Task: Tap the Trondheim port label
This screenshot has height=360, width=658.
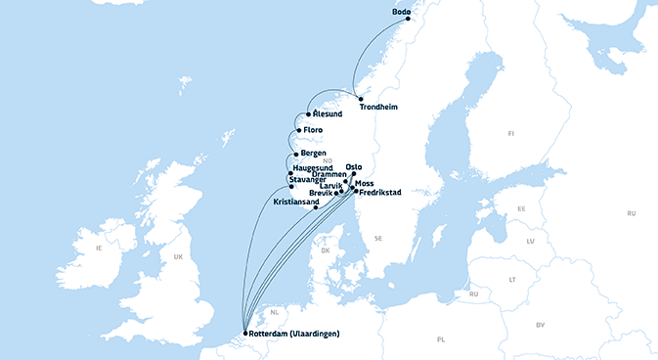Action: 379,108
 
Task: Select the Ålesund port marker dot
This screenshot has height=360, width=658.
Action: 309,114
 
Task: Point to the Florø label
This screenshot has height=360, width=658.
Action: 313,130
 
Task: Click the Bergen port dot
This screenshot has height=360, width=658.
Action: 296,155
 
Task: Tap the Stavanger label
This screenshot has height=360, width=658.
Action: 312,180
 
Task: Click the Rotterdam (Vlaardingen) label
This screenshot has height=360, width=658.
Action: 294,335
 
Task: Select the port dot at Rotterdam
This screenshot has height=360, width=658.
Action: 245,335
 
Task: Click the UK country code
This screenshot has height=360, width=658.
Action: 178,257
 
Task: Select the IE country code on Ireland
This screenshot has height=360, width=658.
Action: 98,248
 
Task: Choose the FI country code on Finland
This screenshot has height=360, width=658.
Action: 509,132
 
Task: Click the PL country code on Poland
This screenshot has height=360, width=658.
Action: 441,339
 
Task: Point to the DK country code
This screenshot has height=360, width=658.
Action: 327,250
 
